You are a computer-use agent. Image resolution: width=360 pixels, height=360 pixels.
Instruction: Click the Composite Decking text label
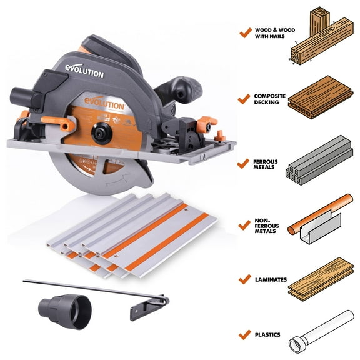coord(269,99)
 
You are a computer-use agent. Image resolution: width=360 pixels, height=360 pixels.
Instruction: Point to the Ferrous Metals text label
coord(267,164)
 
